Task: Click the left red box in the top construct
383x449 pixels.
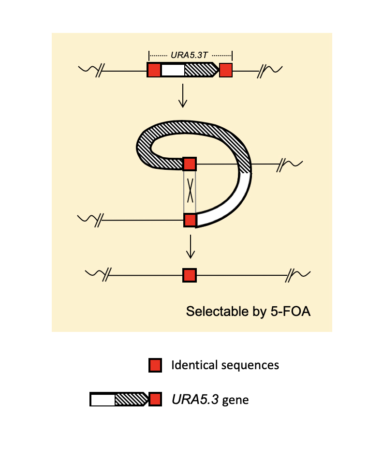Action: pos(154,70)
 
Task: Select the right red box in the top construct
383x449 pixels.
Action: pos(226,70)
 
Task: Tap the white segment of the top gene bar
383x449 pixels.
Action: pos(172,70)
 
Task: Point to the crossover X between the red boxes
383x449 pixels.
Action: pos(190,191)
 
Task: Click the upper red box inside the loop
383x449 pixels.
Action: pos(190,164)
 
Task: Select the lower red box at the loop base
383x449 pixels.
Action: pos(190,220)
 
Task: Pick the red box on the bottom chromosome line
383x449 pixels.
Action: pos(190,275)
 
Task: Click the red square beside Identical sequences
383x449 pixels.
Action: pos(155,365)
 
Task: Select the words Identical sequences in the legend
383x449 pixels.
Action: pos(225,365)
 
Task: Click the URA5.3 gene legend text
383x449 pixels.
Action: pos(210,400)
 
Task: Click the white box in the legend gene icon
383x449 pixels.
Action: pos(103,400)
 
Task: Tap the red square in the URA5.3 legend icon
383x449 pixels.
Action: pos(155,400)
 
